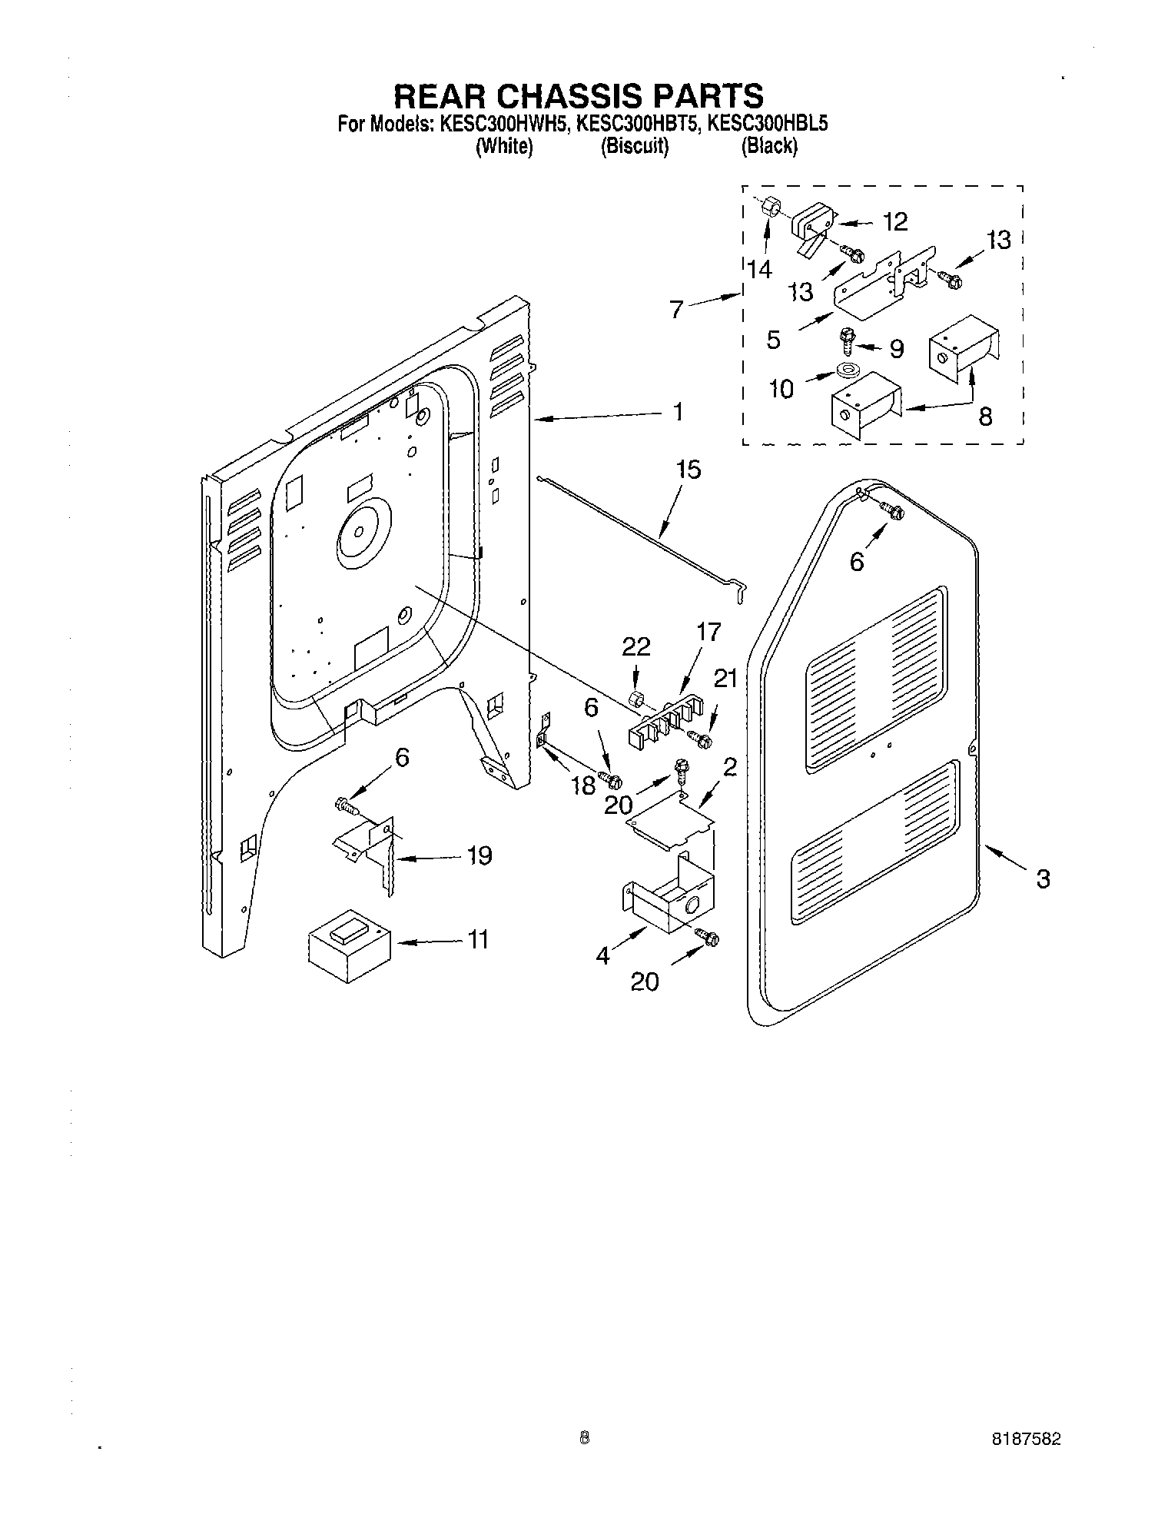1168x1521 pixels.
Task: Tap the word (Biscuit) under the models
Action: point(635,146)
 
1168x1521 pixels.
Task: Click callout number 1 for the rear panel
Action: point(677,413)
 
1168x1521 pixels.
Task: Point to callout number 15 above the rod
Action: point(689,470)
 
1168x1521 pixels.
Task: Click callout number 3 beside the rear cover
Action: point(1042,878)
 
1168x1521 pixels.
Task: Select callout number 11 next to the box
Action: point(478,940)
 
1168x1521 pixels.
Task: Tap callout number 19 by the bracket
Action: point(479,855)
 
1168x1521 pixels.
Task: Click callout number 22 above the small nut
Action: point(637,648)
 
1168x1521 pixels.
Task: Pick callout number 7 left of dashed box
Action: point(676,311)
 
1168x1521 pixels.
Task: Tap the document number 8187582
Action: point(1025,1440)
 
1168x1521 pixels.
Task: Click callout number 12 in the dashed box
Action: point(894,222)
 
